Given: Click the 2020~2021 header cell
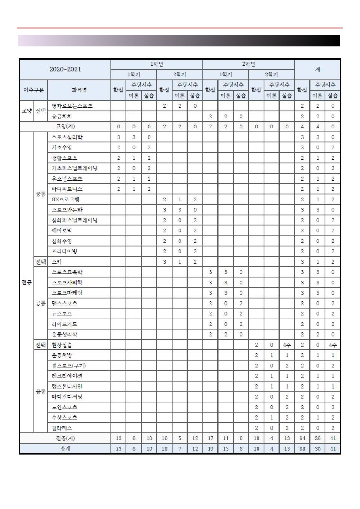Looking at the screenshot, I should click(x=65, y=69).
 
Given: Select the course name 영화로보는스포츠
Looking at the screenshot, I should click(x=72, y=106).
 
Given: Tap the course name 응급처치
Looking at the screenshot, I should click(x=62, y=116).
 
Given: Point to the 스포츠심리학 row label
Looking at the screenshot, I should click(x=67, y=137).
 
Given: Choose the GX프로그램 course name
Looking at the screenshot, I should click(x=66, y=200).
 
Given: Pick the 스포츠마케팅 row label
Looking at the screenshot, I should click(x=67, y=293).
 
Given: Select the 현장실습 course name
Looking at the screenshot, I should click(x=62, y=345).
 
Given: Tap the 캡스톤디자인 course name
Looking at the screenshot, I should click(x=67, y=386).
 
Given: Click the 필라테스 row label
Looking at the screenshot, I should click(x=62, y=428).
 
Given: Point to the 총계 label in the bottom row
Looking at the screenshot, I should click(x=65, y=449).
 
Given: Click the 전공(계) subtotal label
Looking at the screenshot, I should click(x=65, y=438).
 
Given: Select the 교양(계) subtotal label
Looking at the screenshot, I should click(x=65, y=127).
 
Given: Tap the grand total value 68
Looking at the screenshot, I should click(x=302, y=449).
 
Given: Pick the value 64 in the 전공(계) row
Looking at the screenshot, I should click(x=302, y=438).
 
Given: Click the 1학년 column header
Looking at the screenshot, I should click(x=156, y=64).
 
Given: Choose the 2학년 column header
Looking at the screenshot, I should click(x=248, y=64).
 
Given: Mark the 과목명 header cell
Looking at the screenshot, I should click(x=79, y=90).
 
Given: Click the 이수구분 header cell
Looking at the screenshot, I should click(x=33, y=90).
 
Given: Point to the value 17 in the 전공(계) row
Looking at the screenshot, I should click(x=210, y=438).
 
